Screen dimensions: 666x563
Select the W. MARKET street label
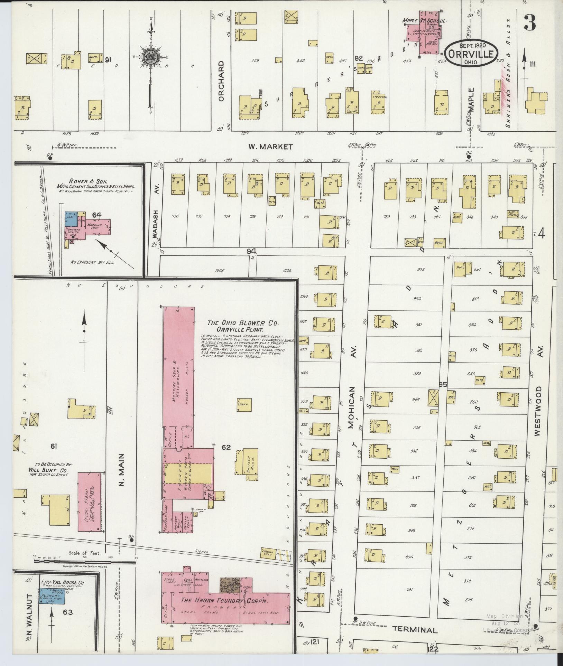pos(270,147)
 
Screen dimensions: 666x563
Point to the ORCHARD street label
pos(222,81)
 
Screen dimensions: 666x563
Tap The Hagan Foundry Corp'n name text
pos(225,600)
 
